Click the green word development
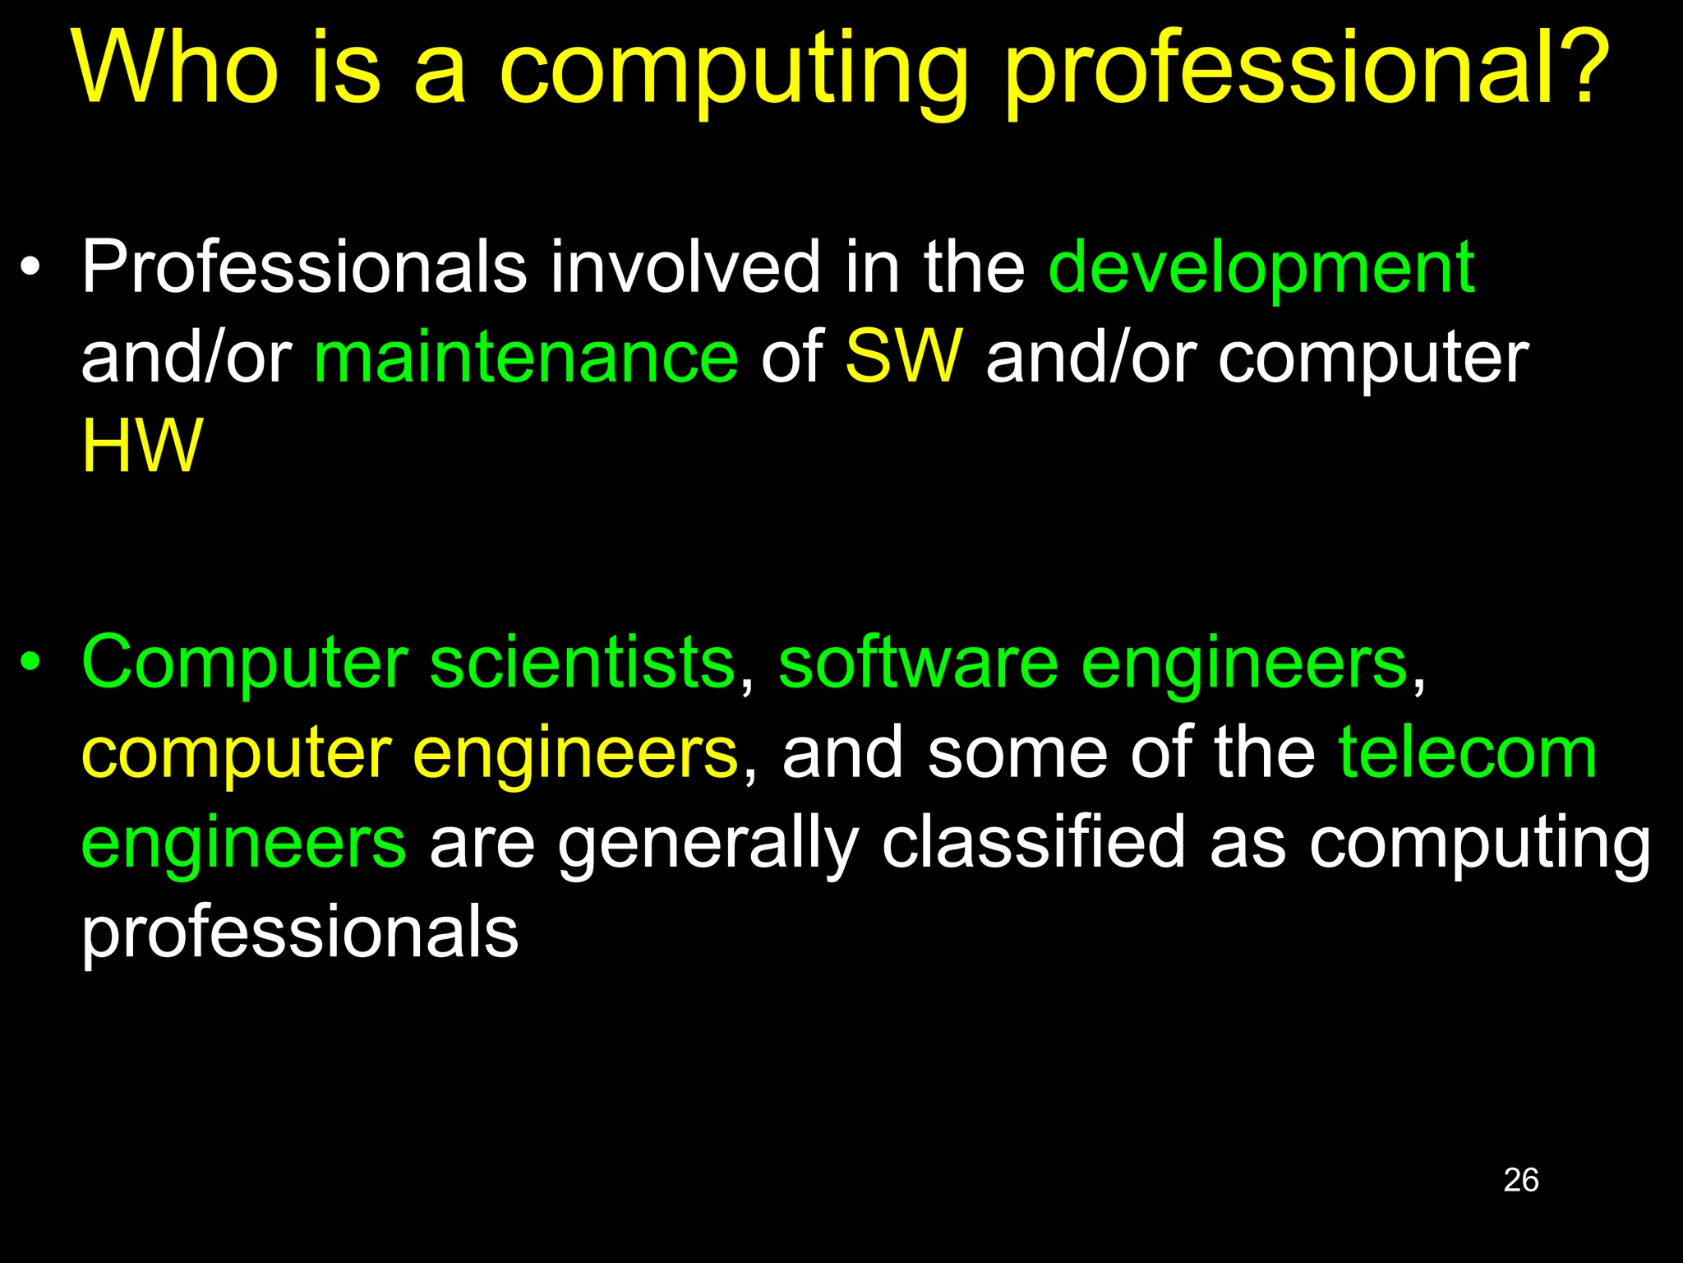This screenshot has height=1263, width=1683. point(1261,268)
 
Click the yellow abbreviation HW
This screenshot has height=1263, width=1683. point(141,446)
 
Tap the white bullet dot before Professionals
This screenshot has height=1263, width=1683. point(30,268)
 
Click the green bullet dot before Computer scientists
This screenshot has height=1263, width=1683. point(30,662)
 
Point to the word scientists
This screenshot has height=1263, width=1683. point(582,664)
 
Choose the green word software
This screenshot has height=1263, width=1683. point(918,664)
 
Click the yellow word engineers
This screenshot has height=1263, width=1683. point(575,754)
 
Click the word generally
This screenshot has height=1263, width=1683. point(708,845)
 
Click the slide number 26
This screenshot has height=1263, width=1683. point(1520,1180)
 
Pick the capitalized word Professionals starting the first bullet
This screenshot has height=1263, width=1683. point(304,268)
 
